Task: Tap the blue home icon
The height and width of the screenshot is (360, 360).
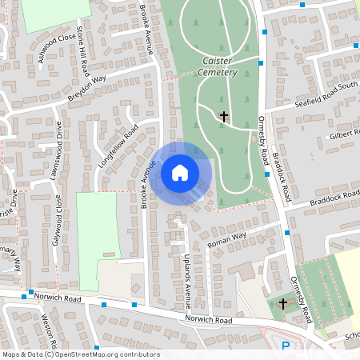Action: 180,172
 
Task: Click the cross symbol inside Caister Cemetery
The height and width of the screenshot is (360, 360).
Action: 223,117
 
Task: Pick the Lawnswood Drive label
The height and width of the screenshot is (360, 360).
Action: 58,147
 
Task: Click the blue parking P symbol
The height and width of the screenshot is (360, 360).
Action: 286,346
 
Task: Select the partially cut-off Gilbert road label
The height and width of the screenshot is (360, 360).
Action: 345,134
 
